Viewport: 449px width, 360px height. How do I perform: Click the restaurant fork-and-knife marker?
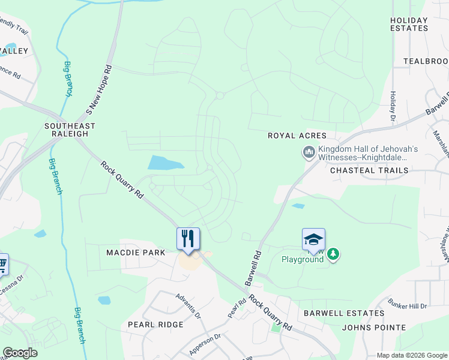point(188,239)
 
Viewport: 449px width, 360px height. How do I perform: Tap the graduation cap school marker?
point(313,239)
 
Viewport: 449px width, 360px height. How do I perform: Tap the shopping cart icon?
point(2,263)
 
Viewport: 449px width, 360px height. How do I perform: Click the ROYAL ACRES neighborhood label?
point(297,136)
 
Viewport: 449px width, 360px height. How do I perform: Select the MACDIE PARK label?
point(136,253)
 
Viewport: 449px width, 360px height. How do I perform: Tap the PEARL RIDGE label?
point(155,324)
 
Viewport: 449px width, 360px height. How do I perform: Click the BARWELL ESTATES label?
point(344,313)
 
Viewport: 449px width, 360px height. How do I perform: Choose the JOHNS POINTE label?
point(374,328)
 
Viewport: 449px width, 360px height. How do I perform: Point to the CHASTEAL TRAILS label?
point(369,170)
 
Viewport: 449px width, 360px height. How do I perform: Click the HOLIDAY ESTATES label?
point(409,24)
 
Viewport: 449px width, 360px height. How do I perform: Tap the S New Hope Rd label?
point(100,90)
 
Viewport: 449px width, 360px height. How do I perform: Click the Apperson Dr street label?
point(206,342)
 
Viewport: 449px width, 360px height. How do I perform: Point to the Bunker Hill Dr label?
point(407,304)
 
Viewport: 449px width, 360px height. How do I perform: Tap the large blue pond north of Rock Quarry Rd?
point(164,163)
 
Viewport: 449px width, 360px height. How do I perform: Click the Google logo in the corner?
point(20,353)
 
